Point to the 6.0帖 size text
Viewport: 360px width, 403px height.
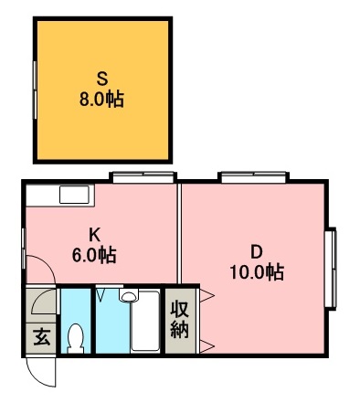pos(93,254)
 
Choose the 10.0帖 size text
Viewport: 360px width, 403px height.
pos(257,272)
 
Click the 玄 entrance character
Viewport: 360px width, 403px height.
pos(42,337)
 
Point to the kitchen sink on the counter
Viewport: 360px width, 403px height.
pos(74,194)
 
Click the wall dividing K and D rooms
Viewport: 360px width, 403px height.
pos(179,233)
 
